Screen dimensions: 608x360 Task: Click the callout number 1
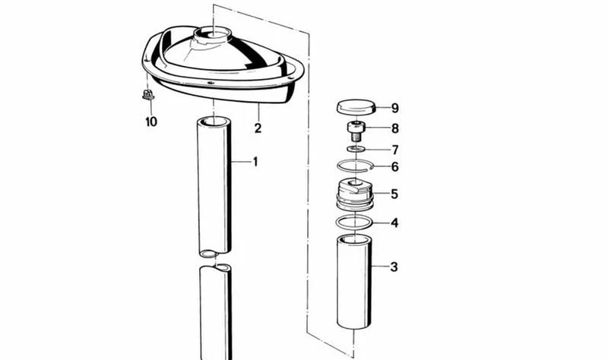255,162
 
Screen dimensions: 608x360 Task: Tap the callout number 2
258,128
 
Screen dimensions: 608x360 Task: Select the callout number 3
394,267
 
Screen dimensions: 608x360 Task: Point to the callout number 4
394,223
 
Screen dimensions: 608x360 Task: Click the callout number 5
394,194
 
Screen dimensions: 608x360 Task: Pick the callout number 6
394,166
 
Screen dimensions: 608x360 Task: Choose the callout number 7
395,150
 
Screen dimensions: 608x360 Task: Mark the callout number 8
395,128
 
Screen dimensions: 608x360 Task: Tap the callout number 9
394,108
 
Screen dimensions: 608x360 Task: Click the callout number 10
151,122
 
